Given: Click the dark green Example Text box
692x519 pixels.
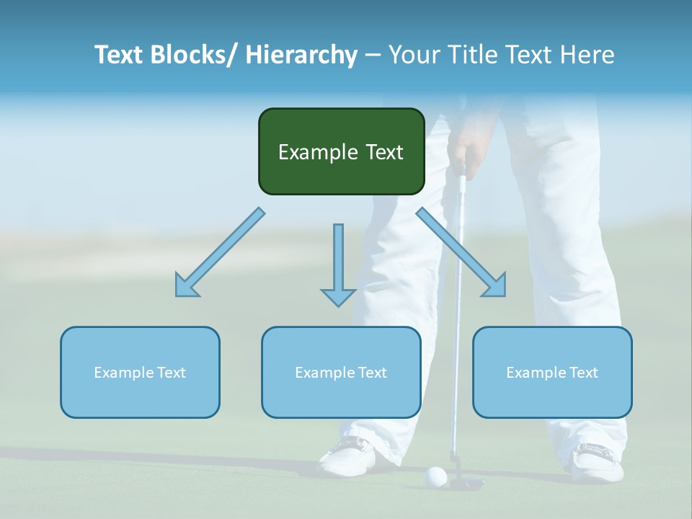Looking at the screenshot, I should point(341,151).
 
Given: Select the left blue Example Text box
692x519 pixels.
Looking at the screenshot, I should point(140,372).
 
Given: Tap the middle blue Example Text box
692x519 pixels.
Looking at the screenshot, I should point(341,372).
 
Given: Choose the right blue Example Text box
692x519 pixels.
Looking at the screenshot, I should point(552,372).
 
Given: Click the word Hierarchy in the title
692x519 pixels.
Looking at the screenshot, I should point(301,55).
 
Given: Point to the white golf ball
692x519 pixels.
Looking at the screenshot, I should point(436,475).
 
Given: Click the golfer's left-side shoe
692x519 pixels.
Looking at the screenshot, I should point(347,455).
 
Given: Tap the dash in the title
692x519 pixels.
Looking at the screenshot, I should point(373,55).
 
